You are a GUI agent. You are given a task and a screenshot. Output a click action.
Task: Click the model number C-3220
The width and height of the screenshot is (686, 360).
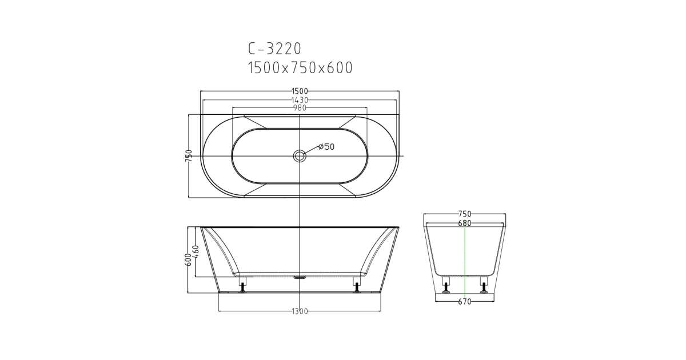pos(275,49)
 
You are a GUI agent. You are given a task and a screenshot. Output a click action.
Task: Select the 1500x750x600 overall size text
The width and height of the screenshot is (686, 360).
pos(300,68)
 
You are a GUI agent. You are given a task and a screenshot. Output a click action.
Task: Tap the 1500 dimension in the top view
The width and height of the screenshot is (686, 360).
pos(300,91)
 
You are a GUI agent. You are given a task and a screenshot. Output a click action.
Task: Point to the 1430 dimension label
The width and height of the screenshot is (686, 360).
pos(300,100)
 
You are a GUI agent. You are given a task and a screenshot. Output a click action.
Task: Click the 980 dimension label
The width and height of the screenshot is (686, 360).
pos(300,108)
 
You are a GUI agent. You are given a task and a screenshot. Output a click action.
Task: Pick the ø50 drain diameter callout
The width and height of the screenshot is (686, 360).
pos(326,147)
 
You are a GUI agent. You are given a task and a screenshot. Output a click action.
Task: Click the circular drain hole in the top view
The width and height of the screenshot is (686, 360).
pos(300,156)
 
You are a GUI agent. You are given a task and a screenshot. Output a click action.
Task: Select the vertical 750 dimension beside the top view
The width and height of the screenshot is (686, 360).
pos(189,156)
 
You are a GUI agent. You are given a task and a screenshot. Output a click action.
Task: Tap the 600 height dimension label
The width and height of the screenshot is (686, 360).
pos(189,259)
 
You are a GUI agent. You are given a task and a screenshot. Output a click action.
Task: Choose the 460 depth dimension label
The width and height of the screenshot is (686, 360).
pos(196,251)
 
